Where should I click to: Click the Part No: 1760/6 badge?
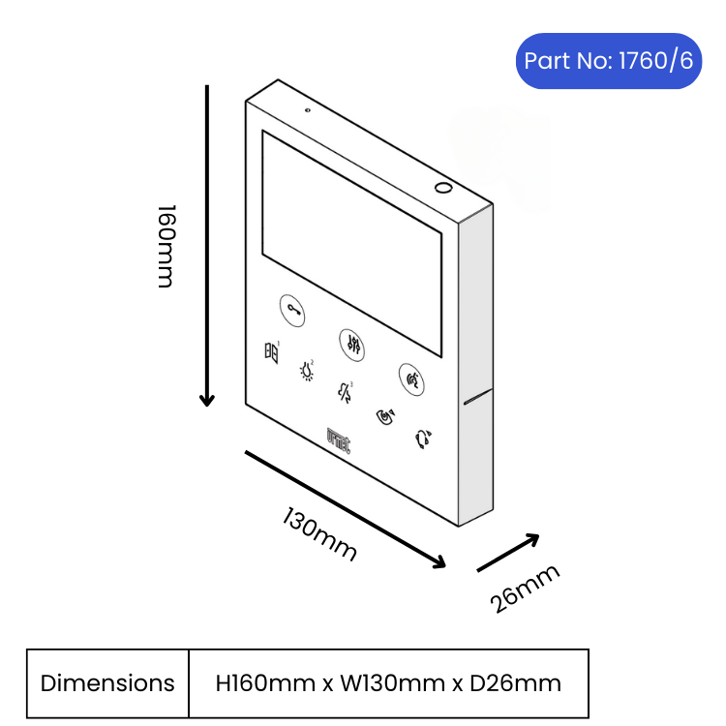(609, 61)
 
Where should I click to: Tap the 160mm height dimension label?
(166, 246)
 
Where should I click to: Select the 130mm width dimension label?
(320, 533)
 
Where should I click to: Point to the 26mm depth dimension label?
(525, 589)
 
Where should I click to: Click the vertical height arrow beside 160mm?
(207, 246)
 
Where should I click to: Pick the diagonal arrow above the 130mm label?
(346, 509)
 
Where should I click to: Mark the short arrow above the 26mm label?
(508, 553)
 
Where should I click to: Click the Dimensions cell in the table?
(107, 683)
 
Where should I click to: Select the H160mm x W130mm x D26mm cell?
(388, 683)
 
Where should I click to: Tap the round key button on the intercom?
(292, 310)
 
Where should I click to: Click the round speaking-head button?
(411, 379)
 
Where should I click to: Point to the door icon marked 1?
(272, 352)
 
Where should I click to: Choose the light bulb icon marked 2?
(307, 371)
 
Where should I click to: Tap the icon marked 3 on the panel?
(345, 393)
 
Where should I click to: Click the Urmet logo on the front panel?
(339, 440)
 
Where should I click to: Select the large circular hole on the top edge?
(443, 188)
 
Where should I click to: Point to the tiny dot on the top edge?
(307, 110)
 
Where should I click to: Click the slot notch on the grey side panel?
(478, 396)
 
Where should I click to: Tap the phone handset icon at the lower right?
(423, 439)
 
